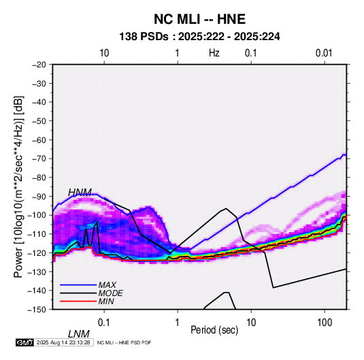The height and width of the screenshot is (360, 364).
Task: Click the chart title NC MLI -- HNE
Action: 199,19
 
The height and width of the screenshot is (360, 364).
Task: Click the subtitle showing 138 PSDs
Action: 199,37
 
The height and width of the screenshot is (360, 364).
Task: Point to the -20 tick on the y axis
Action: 39,65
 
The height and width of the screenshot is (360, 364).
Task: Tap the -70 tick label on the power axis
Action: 39,159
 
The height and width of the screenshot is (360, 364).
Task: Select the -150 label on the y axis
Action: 37,310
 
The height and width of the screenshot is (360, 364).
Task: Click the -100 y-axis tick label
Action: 37,215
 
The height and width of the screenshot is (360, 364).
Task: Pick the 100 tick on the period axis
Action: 325,323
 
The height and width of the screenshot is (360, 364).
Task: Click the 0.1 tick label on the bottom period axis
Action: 104,323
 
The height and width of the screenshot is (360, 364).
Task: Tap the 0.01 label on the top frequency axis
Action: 324,53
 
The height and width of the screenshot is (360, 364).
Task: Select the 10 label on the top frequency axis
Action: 104,53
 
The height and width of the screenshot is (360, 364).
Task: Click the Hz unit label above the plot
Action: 214,53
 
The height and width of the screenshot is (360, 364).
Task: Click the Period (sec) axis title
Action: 214,330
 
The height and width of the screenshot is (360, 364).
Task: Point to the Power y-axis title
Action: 18,186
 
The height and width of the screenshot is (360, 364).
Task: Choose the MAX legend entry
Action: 107,285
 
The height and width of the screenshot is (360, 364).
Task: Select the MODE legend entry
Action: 110,293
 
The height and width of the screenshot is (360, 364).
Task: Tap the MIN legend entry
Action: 106,301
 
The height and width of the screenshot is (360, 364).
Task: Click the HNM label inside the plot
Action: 80,193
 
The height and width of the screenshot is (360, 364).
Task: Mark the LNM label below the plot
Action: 78,334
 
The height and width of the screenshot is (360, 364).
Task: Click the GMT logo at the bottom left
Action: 25,342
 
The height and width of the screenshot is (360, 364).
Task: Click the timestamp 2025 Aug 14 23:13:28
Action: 63,342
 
